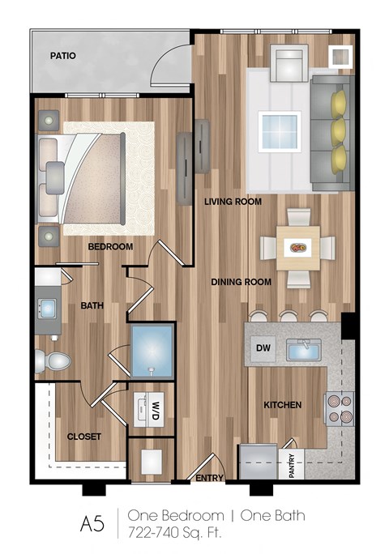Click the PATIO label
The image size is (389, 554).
(62, 57)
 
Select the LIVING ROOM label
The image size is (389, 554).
(233, 202)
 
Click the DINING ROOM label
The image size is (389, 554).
(241, 282)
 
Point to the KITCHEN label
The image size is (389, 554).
(282, 404)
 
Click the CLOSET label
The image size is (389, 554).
(84, 436)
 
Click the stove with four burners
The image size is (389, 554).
(339, 409)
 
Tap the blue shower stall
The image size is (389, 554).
(152, 351)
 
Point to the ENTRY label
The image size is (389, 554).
(209, 478)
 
